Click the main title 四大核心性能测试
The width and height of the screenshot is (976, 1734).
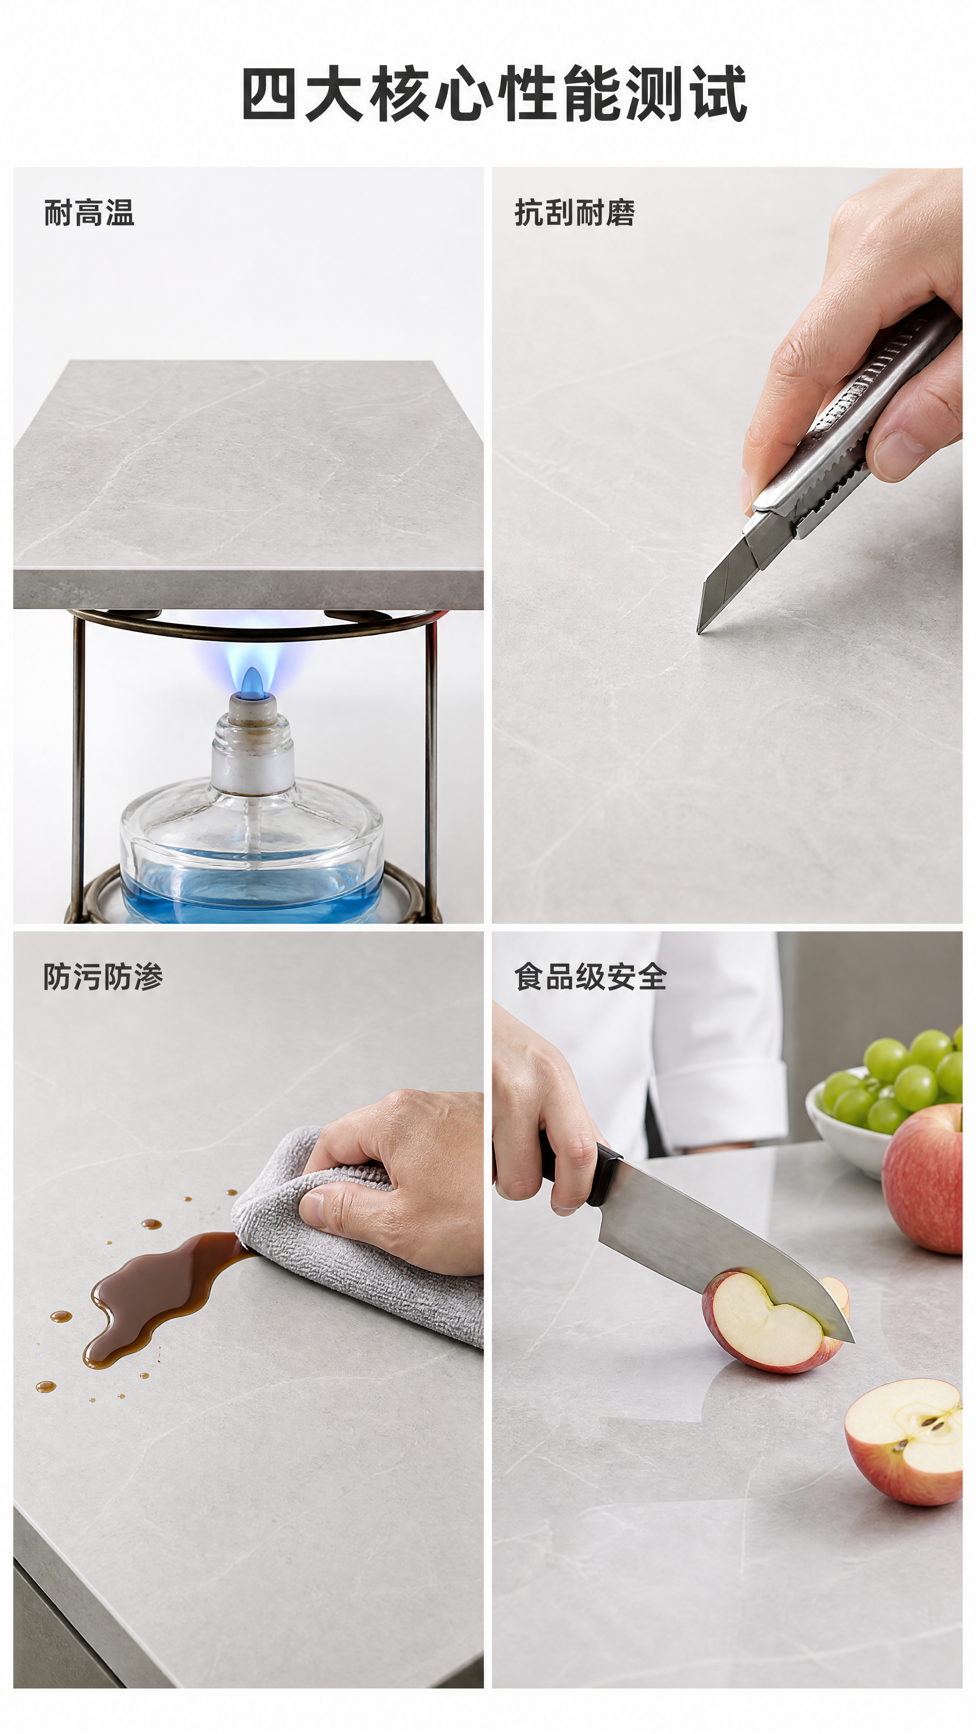494,93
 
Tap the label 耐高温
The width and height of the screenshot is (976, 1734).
89,213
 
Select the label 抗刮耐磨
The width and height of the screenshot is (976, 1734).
575,213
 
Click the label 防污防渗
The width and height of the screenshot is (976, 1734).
103,977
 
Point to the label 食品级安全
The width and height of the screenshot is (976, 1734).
590,977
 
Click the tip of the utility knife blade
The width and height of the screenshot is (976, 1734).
699,632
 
